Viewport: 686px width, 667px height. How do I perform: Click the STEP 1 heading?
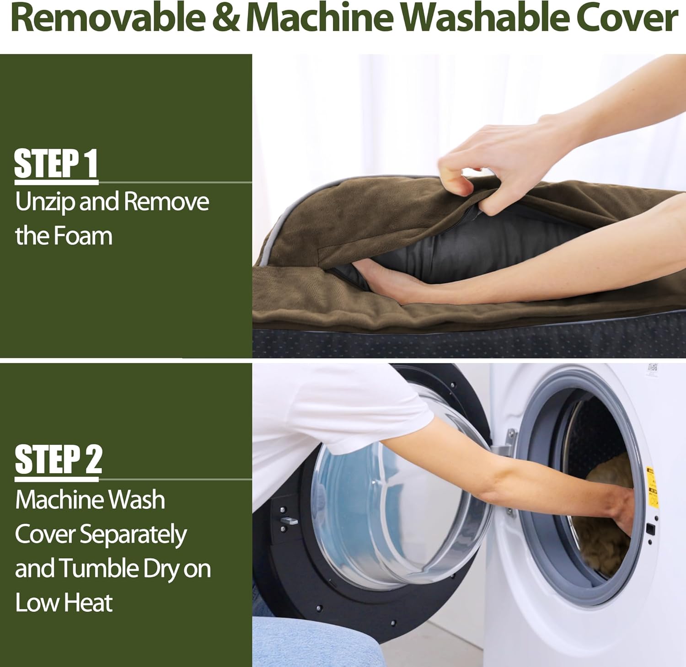[56, 164]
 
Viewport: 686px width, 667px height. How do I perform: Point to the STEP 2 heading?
[58, 459]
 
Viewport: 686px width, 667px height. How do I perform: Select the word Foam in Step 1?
[83, 236]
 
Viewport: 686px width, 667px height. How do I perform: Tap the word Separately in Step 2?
[133, 535]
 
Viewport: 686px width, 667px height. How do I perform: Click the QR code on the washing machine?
[653, 367]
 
